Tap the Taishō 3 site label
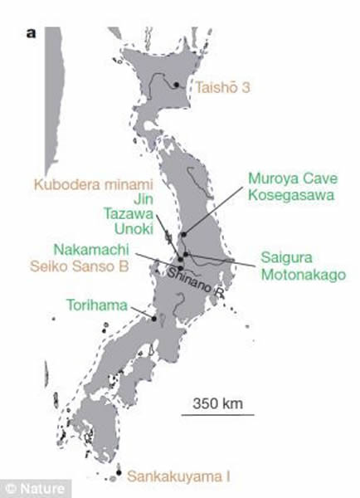(x=224, y=85)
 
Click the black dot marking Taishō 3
(x=177, y=84)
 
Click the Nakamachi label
(x=86, y=249)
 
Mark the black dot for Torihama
(x=153, y=317)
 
